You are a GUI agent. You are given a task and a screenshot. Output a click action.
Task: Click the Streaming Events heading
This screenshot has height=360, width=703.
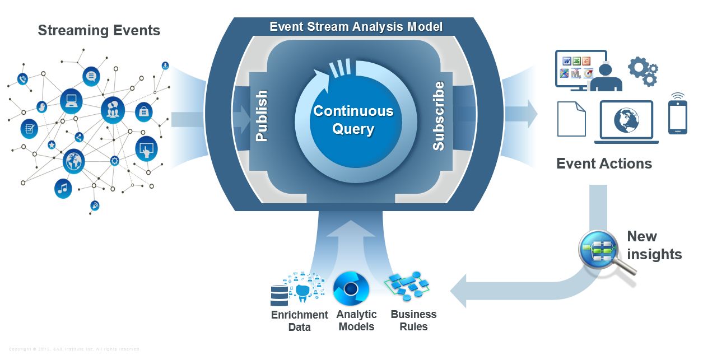pyautogui.click(x=99, y=30)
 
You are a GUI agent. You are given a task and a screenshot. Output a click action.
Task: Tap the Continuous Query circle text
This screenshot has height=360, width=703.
pyautogui.click(x=353, y=120)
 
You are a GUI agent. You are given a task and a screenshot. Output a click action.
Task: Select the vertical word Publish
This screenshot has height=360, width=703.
pyautogui.click(x=262, y=115)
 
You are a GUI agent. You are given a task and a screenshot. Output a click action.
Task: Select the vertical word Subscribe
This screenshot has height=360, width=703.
pyautogui.click(x=439, y=116)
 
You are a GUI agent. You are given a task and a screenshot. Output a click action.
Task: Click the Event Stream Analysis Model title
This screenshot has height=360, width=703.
pyautogui.click(x=356, y=26)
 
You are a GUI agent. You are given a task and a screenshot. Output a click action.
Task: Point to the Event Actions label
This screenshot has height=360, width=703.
pyautogui.click(x=604, y=163)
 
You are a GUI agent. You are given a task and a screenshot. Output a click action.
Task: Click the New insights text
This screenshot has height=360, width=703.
pyautogui.click(x=654, y=245)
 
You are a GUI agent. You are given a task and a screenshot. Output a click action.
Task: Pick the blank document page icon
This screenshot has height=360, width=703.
pyautogui.click(x=571, y=119)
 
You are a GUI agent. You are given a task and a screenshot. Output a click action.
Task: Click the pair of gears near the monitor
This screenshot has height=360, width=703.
pyautogui.click(x=643, y=71)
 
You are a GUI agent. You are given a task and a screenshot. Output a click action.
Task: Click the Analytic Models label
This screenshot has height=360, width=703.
pyautogui.click(x=356, y=320)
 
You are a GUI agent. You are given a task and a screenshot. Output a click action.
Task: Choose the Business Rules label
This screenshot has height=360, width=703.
pyautogui.click(x=413, y=320)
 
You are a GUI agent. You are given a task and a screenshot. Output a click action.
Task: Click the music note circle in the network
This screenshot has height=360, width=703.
pyautogui.click(x=63, y=188)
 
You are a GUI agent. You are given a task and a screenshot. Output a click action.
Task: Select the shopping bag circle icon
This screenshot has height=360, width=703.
pyautogui.click(x=143, y=111)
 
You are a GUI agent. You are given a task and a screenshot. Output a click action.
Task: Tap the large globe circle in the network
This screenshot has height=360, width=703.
pyautogui.click(x=73, y=161)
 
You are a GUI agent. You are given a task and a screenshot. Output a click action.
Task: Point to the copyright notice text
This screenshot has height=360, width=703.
pyautogui.click(x=74, y=349)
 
